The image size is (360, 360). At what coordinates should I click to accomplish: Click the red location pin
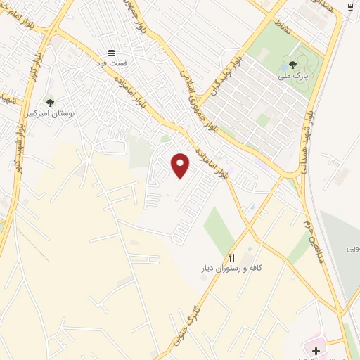tap(181, 165)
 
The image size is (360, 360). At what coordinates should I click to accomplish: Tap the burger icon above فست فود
tap(111, 53)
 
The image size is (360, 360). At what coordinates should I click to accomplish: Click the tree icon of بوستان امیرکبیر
tap(49, 103)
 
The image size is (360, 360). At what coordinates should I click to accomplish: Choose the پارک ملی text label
tap(305, 72)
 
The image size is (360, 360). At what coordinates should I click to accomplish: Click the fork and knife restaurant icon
tap(232, 258)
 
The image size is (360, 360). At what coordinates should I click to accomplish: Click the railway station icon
tap(350, 7)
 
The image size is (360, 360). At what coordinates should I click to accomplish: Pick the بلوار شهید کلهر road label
tap(20, 148)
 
